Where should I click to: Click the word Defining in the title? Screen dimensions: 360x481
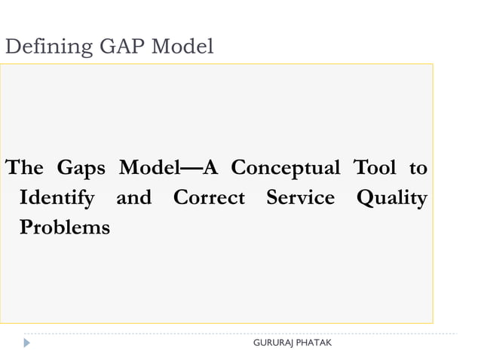(x=47, y=48)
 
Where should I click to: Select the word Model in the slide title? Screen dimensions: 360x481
(x=182, y=47)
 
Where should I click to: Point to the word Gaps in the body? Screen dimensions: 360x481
(x=81, y=168)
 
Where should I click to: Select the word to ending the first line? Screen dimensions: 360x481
(x=418, y=169)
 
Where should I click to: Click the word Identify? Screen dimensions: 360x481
(x=57, y=199)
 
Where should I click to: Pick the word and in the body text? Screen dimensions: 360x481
(x=133, y=198)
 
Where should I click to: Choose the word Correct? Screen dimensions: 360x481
(x=209, y=198)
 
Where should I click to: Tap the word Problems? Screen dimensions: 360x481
(x=64, y=227)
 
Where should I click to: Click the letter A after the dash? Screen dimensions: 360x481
(x=211, y=168)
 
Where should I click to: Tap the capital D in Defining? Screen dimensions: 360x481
(x=11, y=47)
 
